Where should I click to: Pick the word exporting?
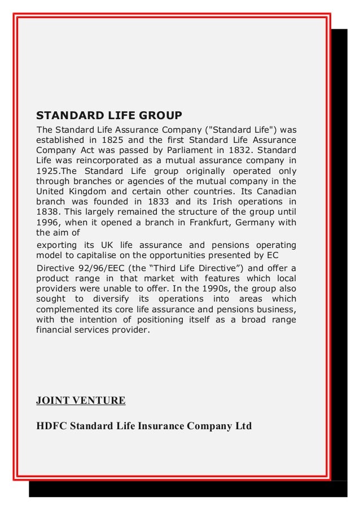coord(59,245)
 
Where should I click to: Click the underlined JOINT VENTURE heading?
coord(81,401)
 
